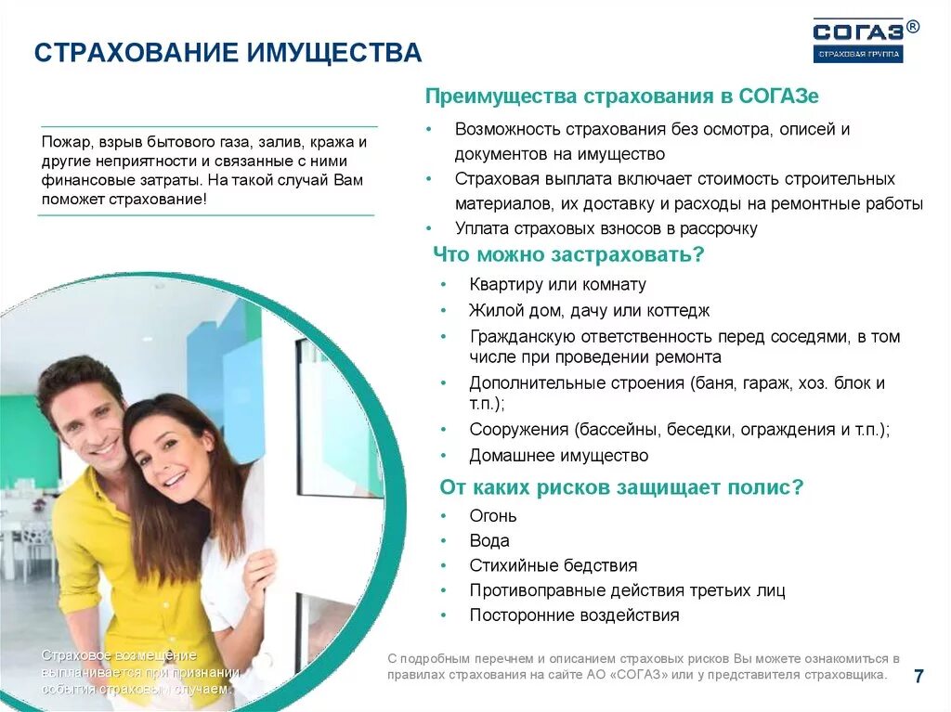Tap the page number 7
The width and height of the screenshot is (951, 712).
(x=918, y=676)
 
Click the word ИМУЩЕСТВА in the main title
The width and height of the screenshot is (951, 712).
(x=333, y=52)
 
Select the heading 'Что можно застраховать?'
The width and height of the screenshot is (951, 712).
(x=568, y=254)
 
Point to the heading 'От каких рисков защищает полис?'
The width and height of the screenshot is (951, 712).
(x=620, y=486)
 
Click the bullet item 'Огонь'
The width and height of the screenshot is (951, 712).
(x=492, y=516)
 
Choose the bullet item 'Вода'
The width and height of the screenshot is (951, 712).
(x=489, y=541)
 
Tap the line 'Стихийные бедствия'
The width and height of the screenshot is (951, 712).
(x=553, y=565)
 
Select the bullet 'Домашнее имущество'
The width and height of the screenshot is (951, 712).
(x=558, y=456)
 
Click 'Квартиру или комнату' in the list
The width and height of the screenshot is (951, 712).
(x=557, y=285)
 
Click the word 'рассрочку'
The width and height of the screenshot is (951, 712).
(x=720, y=228)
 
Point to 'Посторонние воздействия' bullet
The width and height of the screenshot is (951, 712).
(x=574, y=615)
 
